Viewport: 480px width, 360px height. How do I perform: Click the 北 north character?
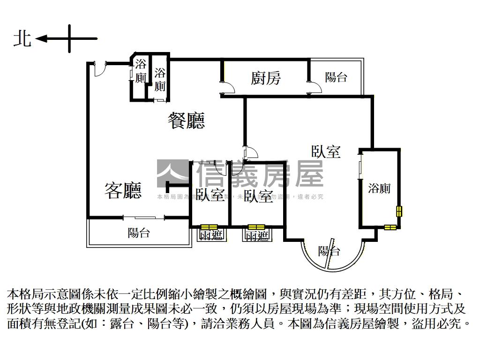pyautogui.click(x=22, y=38)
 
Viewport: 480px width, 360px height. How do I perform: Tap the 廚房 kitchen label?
pyautogui.click(x=265, y=77)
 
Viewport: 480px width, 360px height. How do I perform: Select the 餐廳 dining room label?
pyautogui.click(x=186, y=121)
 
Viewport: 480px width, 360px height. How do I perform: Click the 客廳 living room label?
pyautogui.click(x=123, y=190)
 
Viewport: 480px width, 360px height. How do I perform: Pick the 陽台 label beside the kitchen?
pyautogui.click(x=336, y=77)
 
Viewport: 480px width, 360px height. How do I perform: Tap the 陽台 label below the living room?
pyautogui.click(x=139, y=232)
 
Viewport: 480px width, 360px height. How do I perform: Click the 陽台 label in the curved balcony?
pyautogui.click(x=329, y=251)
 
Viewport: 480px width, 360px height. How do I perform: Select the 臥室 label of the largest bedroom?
pyautogui.click(x=326, y=151)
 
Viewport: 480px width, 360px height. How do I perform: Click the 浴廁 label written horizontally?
pyautogui.click(x=379, y=188)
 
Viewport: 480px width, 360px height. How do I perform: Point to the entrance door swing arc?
pyautogui.click(x=99, y=69)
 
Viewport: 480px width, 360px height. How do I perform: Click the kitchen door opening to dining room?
pyautogui.click(x=228, y=87)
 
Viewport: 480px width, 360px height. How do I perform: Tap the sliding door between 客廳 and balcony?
pyautogui.click(x=144, y=217)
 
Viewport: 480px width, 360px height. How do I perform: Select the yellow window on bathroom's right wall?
pyautogui.click(x=399, y=211)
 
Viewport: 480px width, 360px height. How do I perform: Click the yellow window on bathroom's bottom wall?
pyautogui.click(x=390, y=228)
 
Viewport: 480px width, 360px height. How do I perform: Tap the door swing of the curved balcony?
pyautogui.click(x=331, y=253)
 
